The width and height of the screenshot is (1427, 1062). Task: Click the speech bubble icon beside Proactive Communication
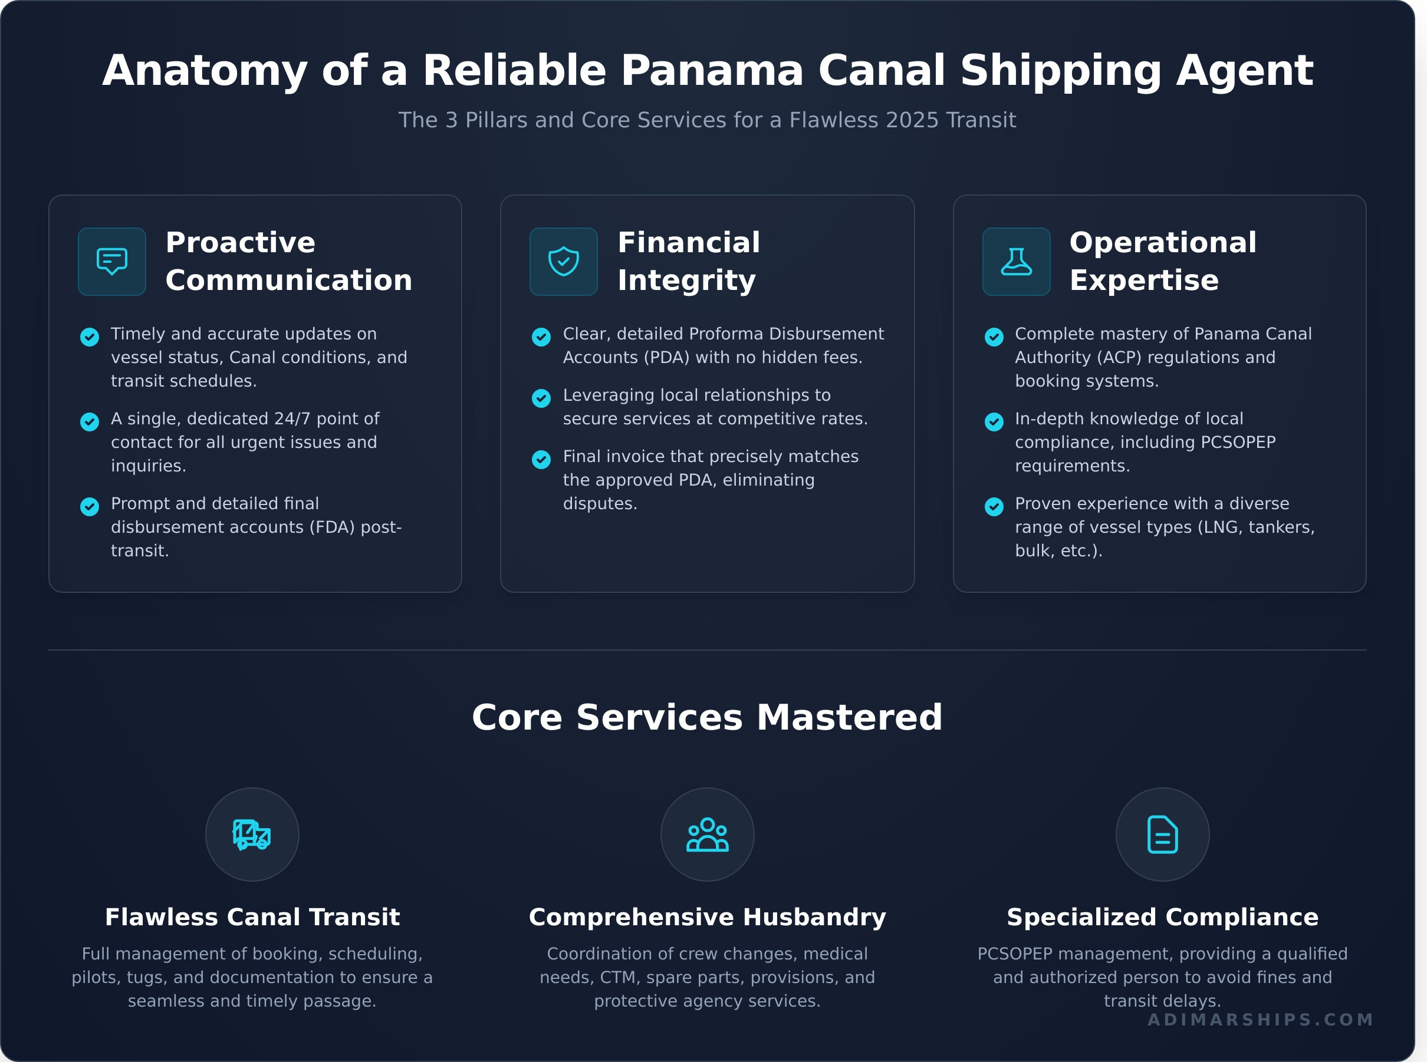112,261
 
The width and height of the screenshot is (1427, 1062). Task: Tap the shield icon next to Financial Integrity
563,261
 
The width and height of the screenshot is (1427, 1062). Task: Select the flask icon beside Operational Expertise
1016,261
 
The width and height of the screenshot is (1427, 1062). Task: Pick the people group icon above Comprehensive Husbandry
707,835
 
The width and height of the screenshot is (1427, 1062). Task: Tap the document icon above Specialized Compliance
1162,835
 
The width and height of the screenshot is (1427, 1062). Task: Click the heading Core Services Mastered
707,717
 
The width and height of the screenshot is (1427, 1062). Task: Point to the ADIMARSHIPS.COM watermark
1261,1020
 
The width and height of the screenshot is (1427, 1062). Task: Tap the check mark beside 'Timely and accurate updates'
90,337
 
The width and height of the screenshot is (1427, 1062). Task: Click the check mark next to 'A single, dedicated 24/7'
90,422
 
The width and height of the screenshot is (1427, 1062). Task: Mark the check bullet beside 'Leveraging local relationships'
541,398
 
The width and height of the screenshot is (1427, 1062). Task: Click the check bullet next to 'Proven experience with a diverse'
994,507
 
